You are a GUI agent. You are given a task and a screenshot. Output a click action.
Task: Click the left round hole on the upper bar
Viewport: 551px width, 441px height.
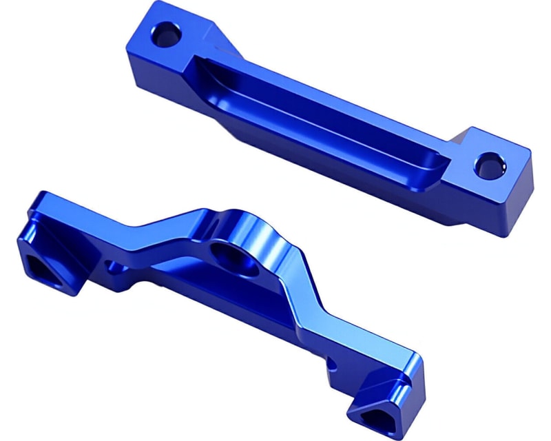[167, 32]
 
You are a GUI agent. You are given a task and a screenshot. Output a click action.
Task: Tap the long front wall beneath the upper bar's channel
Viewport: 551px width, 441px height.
[310, 148]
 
